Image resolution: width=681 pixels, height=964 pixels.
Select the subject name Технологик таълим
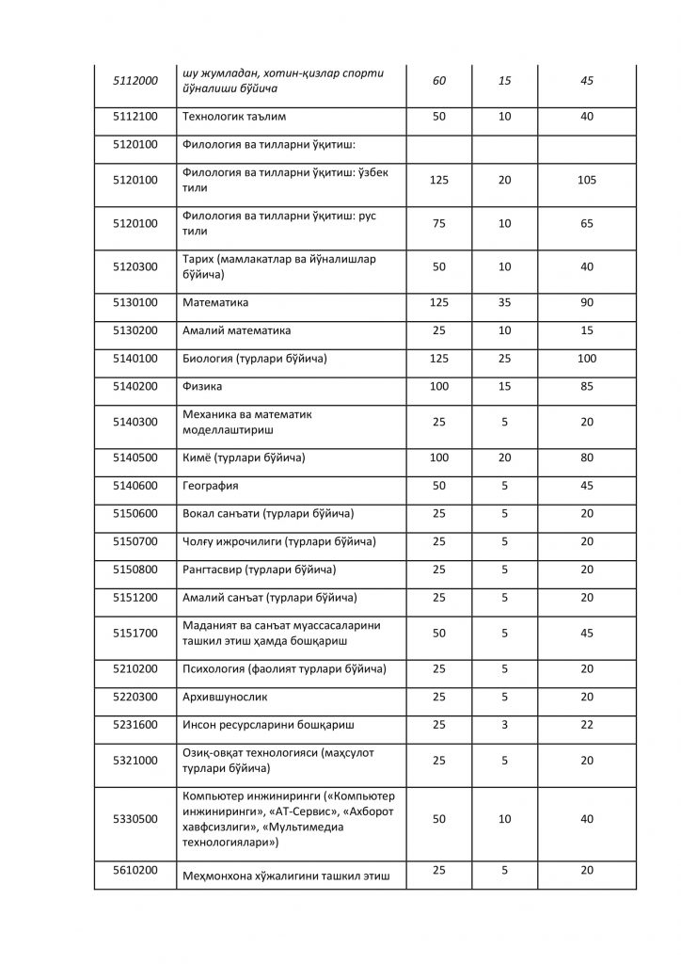point(233,116)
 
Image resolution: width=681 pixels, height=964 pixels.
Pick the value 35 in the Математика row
point(504,303)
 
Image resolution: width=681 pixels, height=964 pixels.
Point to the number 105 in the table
point(587,180)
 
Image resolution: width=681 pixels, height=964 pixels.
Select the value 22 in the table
point(587,724)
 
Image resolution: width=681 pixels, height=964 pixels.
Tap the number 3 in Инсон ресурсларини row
point(504,724)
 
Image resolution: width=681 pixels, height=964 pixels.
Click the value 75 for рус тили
point(438,223)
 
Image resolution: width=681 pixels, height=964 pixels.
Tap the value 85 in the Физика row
point(587,386)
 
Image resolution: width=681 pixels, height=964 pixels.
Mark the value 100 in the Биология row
point(587,359)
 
